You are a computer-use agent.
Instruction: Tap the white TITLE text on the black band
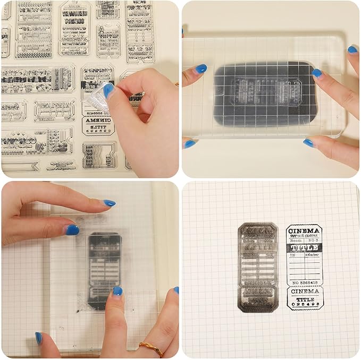click(x=304, y=247)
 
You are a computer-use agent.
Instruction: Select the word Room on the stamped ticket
click(x=296, y=240)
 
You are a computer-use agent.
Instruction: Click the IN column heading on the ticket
click(x=292, y=255)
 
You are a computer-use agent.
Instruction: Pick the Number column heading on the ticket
click(x=312, y=255)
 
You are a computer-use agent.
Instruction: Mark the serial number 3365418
click(x=305, y=283)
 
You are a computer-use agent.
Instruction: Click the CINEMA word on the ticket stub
click(x=304, y=292)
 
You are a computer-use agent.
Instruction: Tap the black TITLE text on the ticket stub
click(x=304, y=299)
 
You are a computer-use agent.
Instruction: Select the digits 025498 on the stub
click(x=304, y=306)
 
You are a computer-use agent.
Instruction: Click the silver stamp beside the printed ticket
click(x=258, y=267)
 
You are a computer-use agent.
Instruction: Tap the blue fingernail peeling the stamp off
click(x=108, y=91)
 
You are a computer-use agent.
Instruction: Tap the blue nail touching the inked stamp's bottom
click(x=117, y=292)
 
